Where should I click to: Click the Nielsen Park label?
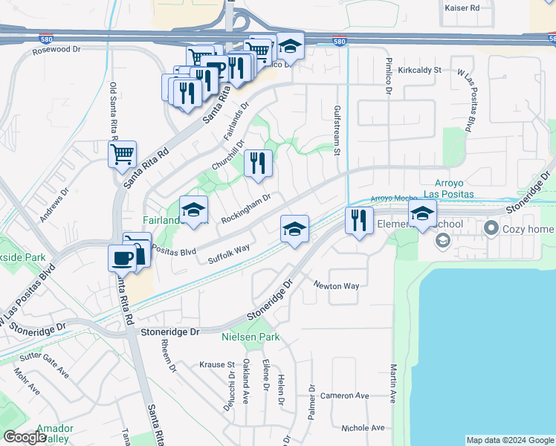point(250,337)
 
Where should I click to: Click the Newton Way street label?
point(336,285)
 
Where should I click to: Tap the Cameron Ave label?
point(345,395)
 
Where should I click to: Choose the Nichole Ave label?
point(363,427)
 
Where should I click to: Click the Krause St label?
point(217,365)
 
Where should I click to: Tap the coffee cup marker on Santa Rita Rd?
point(122,259)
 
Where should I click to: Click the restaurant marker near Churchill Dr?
point(258,164)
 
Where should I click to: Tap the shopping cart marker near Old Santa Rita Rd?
point(123,155)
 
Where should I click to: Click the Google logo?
point(25,436)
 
